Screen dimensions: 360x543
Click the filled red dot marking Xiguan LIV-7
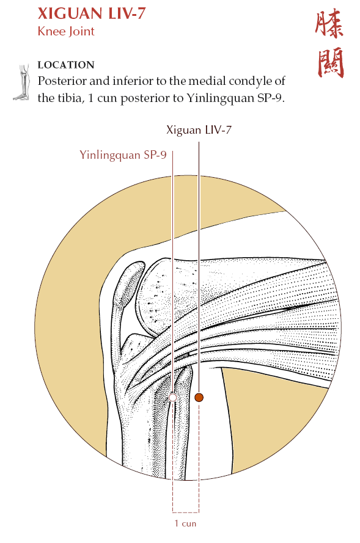pos(199,397)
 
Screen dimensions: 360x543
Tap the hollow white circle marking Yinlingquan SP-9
pos(172,397)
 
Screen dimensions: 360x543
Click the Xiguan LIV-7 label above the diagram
pos(199,130)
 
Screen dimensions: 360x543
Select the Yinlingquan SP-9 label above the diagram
pos(123,155)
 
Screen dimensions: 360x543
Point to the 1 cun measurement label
pos(185,523)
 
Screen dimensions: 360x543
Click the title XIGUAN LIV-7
pos(92,13)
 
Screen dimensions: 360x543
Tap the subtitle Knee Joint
pos(66,31)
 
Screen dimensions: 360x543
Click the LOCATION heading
pos(66,65)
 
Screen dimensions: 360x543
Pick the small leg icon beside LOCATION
pos(22,82)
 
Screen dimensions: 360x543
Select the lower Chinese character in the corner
pos(331,63)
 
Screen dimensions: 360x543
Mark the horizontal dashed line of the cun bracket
pos(186,512)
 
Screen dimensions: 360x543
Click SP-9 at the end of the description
pos(271,98)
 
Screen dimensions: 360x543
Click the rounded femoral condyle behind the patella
pos(160,294)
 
